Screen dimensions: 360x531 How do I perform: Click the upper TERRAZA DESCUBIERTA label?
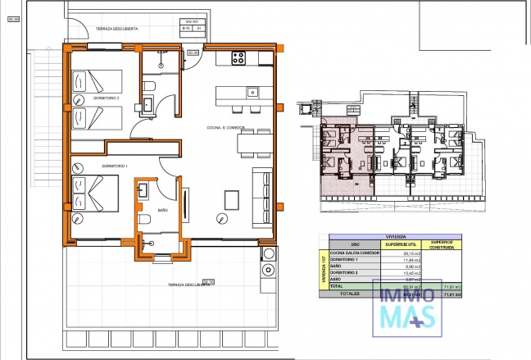(116, 29)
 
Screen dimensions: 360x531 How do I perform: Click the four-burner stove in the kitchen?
(239, 58)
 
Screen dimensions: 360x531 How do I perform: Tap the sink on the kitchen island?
(253, 91)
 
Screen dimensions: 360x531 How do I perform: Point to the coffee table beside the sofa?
(232, 199)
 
